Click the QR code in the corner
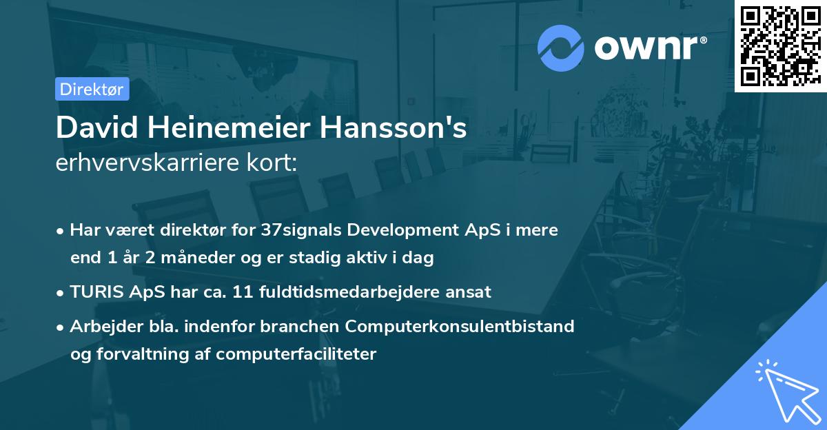780,45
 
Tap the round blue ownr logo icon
561,48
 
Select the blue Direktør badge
92,89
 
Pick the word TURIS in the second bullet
97,291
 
